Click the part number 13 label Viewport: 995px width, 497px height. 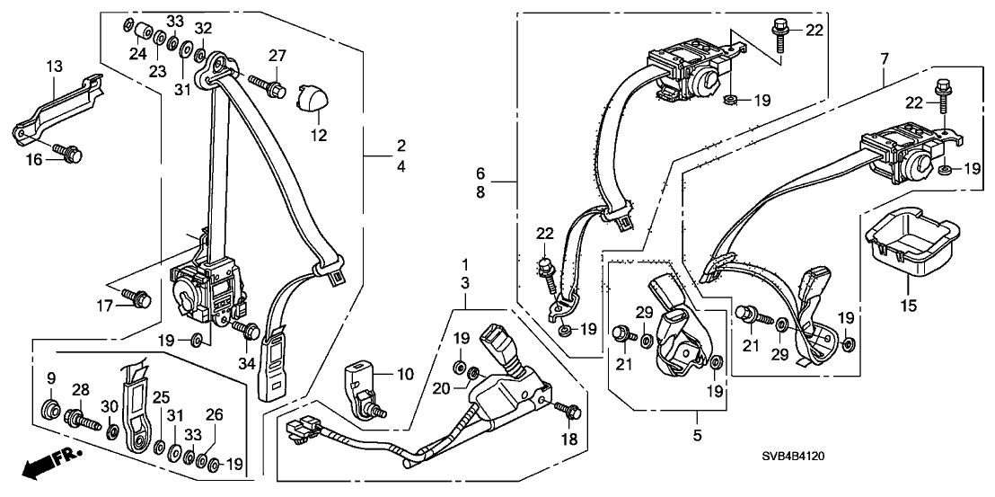[56, 66]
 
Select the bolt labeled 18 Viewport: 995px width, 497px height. [567, 411]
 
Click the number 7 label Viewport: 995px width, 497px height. [885, 59]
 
